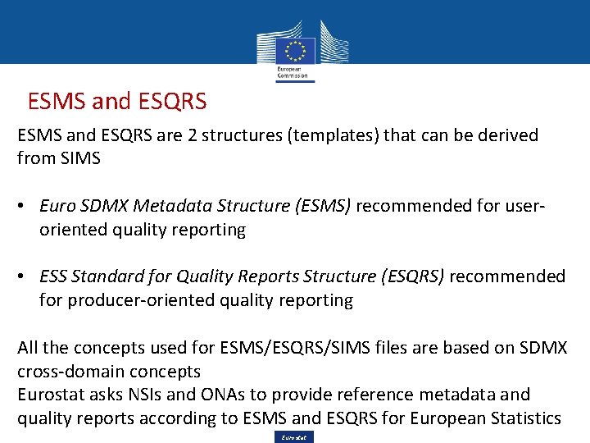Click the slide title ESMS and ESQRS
[117, 102]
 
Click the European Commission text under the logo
[293, 73]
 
